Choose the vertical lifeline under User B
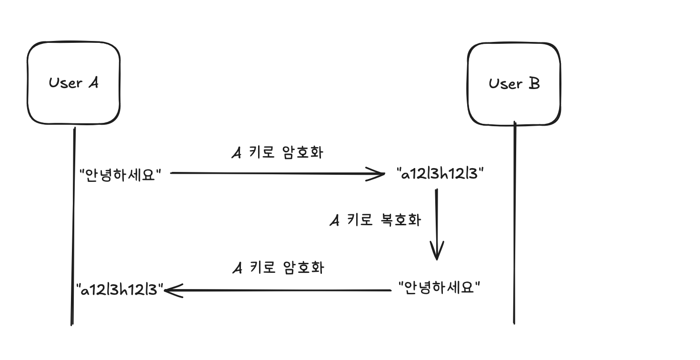(514, 224)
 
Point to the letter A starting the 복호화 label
(335, 220)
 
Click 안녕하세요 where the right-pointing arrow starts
(121, 174)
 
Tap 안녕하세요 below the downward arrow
(439, 288)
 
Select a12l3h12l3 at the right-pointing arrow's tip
(440, 174)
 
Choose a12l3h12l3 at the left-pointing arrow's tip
(120, 289)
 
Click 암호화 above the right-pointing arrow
(302, 153)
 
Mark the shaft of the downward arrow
(436, 219)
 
